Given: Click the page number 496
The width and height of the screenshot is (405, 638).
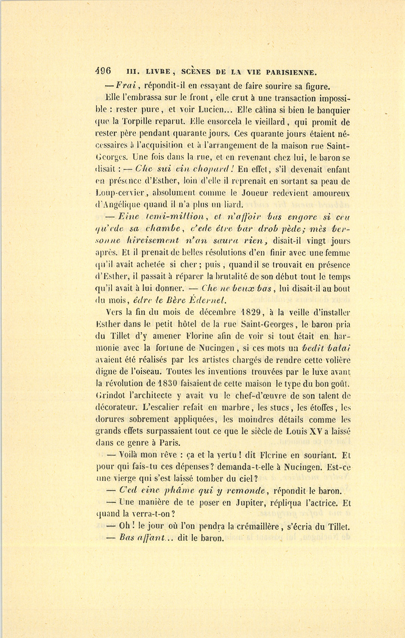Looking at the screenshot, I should click(103, 71).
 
